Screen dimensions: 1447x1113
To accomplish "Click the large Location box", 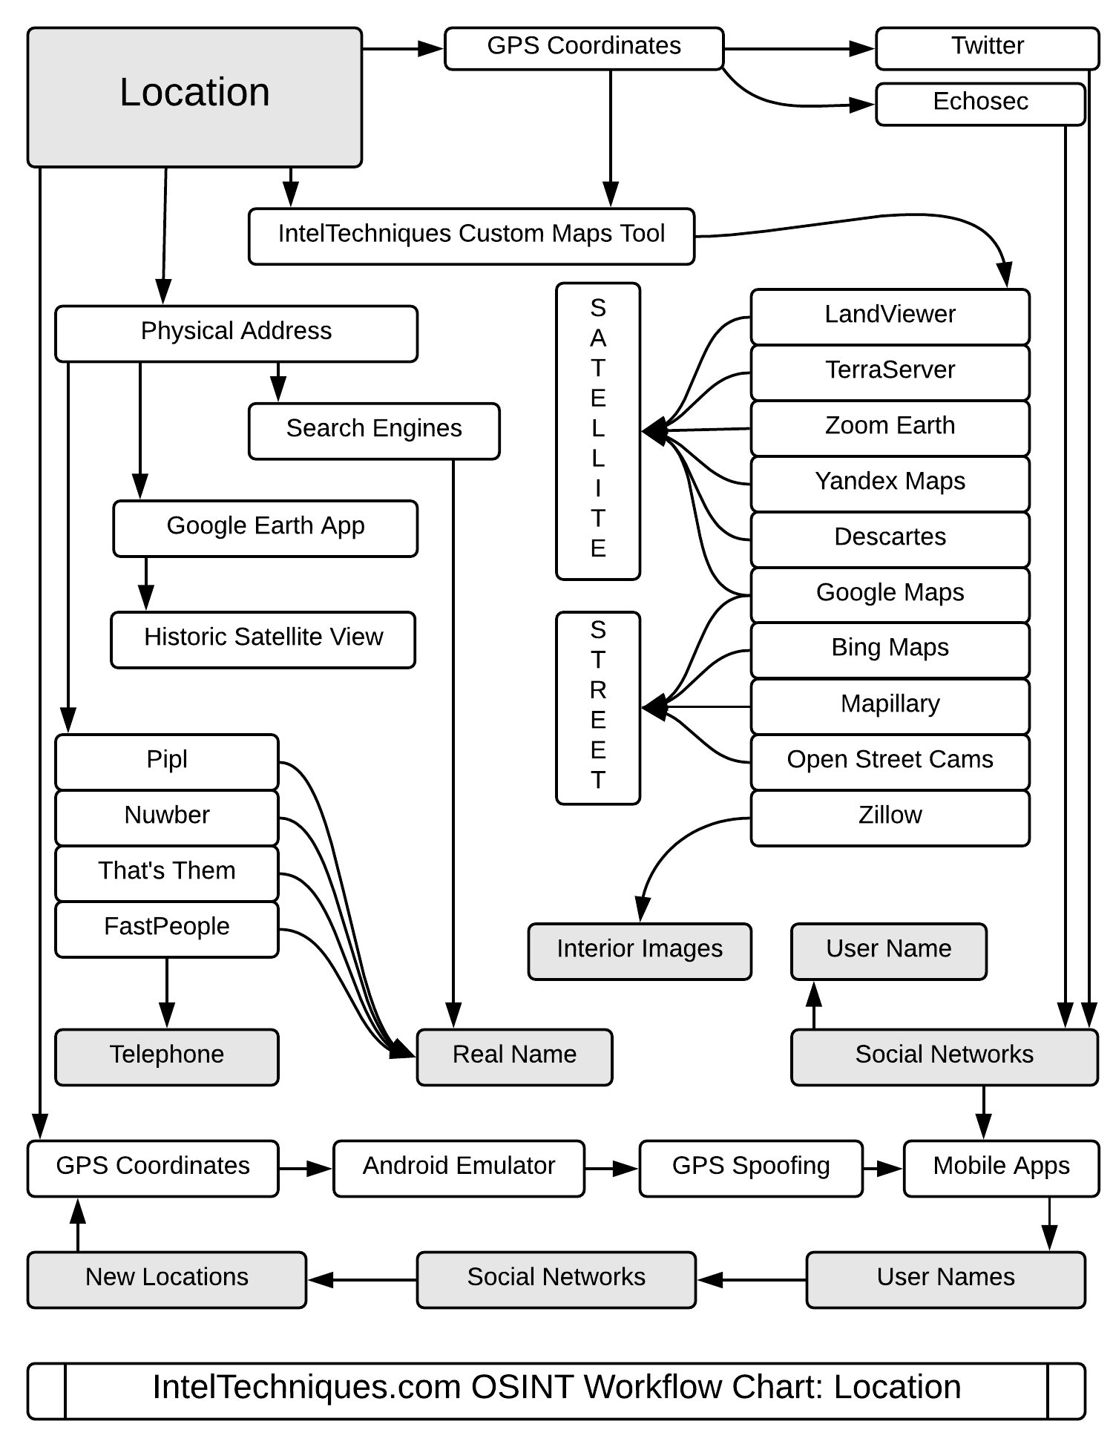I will (194, 97).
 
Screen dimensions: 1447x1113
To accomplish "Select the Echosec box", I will (979, 103).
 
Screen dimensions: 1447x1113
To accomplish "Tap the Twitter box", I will (987, 48).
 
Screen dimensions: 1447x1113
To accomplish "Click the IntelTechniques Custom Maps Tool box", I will (471, 236).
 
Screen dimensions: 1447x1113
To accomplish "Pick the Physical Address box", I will (236, 333).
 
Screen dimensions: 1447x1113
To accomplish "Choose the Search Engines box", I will (374, 430).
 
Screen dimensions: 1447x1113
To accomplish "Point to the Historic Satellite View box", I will (263, 639).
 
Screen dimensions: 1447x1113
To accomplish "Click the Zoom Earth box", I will (890, 428).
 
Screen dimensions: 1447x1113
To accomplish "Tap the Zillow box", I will (890, 818).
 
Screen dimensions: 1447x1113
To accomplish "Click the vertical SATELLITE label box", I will (598, 430).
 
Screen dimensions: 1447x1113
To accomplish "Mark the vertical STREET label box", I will (598, 707).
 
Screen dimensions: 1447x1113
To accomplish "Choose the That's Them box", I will (167, 873).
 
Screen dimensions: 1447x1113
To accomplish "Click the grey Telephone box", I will (167, 1057).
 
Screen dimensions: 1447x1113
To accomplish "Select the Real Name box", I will (514, 1057).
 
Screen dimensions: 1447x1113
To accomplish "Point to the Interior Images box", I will (640, 951).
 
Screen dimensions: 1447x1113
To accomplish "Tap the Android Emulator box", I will (459, 1168).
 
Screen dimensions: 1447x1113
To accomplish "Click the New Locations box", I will (167, 1279).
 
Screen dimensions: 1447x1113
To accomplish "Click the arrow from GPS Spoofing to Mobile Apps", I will (883, 1169).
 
